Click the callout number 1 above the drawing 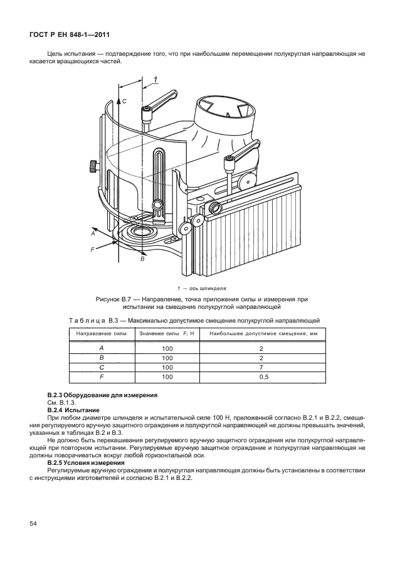point(154,78)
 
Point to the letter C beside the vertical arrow point(124,100)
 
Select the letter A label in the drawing point(92,233)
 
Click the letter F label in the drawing point(92,249)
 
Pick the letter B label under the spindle point(142,258)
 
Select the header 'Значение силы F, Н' point(167,333)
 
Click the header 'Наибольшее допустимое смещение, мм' point(263,333)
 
